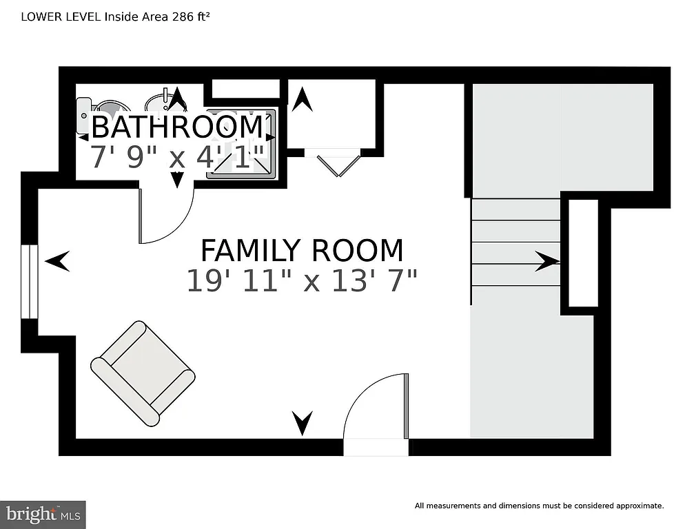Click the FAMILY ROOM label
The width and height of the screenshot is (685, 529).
click(x=301, y=249)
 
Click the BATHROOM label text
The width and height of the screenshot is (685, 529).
click(x=176, y=127)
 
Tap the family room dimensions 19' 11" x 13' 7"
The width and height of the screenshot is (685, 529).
click(x=301, y=280)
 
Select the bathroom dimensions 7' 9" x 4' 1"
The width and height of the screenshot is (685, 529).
click(x=178, y=157)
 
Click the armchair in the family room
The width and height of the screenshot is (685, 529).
click(x=143, y=373)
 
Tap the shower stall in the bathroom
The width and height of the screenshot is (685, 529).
click(x=242, y=145)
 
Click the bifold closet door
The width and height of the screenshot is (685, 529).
click(x=338, y=165)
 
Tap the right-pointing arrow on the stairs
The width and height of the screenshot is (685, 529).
click(x=547, y=261)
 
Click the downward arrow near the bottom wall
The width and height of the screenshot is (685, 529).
click(x=302, y=422)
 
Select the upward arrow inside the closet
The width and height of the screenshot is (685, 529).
click(x=301, y=101)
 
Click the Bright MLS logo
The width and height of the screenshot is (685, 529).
click(x=43, y=514)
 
